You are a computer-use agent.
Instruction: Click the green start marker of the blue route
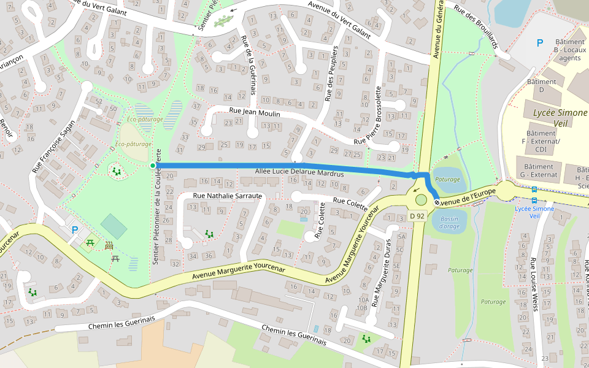[153, 165]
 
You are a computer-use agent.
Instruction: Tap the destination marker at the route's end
[436, 202]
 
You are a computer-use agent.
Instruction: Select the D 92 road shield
[417, 216]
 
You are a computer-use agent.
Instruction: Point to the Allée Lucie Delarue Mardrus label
[299, 174]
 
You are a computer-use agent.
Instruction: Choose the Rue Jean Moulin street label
[254, 113]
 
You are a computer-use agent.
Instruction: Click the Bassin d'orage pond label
[449, 223]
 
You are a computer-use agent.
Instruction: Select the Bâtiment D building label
[541, 85]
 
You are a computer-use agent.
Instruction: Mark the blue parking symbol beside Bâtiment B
[540, 43]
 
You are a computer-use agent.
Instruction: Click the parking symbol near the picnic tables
[75, 230]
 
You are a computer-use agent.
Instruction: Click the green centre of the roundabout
[420, 199]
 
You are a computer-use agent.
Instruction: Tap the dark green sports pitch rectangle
[114, 226]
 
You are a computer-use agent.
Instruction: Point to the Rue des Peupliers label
[331, 72]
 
